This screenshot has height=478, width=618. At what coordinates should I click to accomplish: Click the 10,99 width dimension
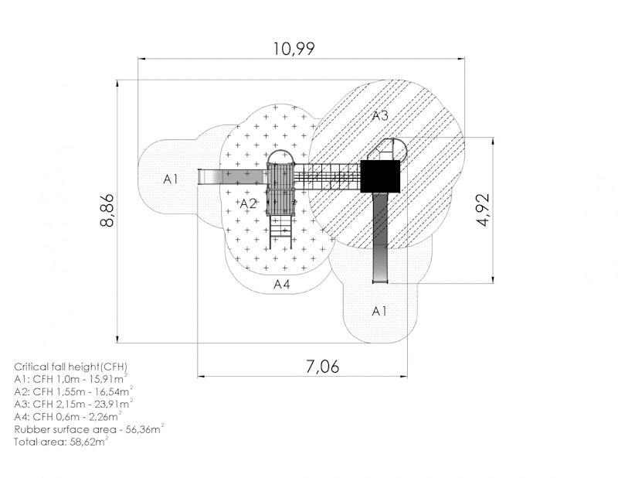294,49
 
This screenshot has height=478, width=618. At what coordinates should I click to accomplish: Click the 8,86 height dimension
107,210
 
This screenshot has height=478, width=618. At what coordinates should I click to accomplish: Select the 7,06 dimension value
322,367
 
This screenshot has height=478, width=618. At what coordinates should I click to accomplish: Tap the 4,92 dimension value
483,210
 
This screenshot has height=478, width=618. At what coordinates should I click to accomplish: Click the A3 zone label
380,116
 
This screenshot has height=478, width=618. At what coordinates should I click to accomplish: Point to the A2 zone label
248,203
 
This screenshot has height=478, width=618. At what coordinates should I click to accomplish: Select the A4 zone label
282,284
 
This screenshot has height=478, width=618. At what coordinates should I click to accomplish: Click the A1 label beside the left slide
170,179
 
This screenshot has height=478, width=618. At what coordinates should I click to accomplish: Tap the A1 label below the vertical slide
379,311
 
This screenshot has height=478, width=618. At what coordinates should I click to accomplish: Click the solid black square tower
380,176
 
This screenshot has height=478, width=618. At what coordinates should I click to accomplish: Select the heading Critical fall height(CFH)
71,367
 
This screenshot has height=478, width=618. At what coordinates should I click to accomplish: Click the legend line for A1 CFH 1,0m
71,379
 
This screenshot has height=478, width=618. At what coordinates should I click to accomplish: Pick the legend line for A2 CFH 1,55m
73,391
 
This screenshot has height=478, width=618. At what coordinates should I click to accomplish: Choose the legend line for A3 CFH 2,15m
73,404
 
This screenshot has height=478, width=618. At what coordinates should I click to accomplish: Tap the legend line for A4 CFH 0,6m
68,416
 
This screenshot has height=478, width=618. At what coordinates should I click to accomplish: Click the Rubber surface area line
89,429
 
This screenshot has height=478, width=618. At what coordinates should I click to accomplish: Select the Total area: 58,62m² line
62,442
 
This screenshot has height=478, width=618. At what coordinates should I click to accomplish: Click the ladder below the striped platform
280,232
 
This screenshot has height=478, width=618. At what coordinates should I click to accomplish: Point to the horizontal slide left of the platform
233,176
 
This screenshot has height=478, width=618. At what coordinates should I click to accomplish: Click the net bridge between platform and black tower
328,176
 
